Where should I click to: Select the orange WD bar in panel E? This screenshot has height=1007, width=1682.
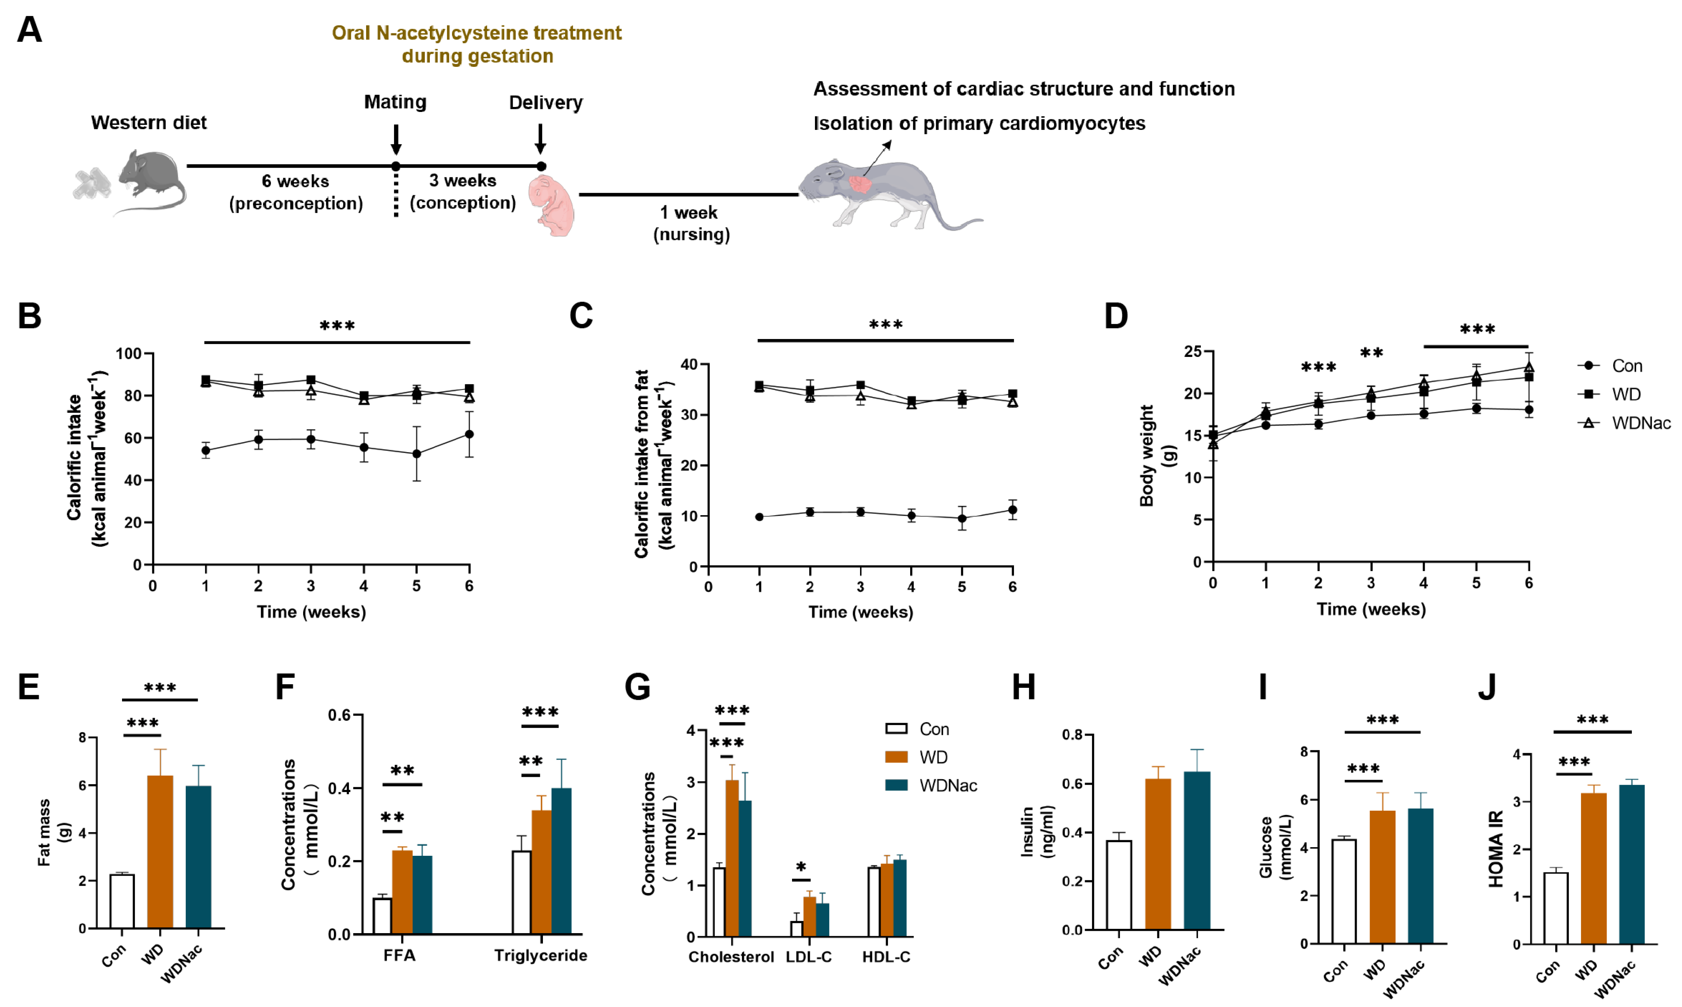pyautogui.click(x=160, y=851)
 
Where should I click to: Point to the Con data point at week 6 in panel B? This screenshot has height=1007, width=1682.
pyautogui.click(x=469, y=434)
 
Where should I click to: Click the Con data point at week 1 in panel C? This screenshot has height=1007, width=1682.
pyautogui.click(x=759, y=517)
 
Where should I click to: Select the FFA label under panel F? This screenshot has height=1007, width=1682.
pyautogui.click(x=400, y=955)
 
